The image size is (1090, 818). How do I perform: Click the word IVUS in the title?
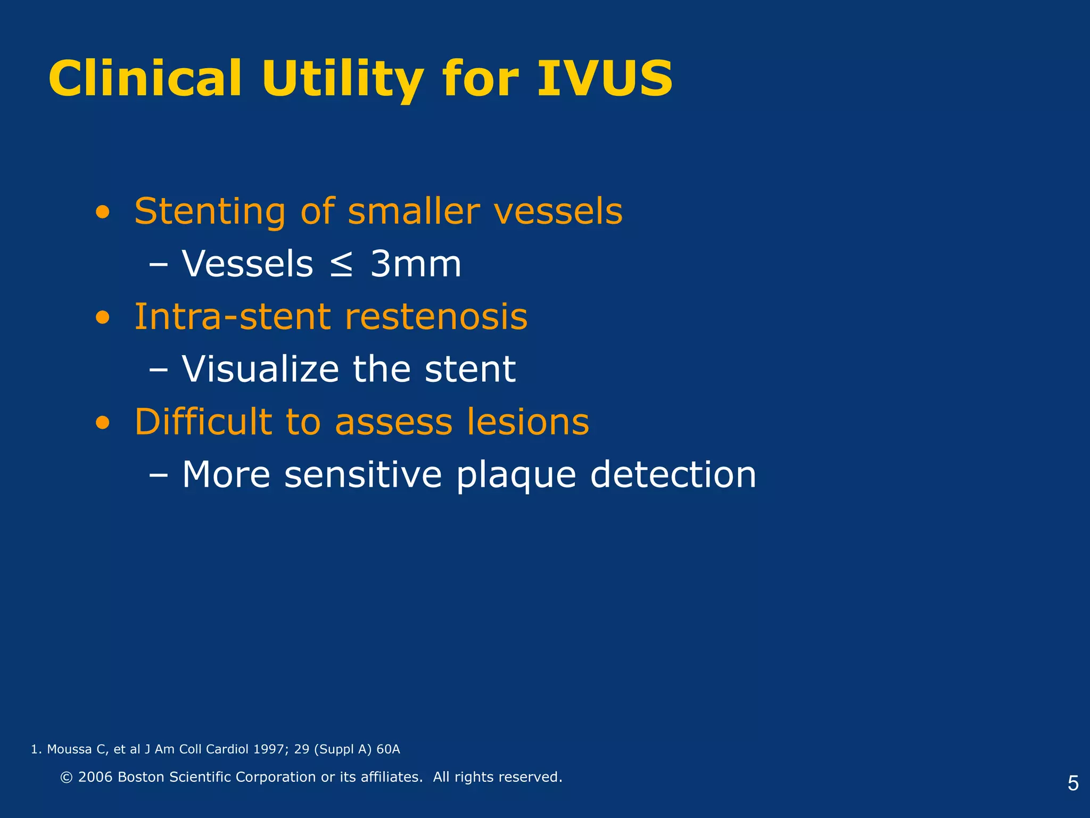(x=605, y=79)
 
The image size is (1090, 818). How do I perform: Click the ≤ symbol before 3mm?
(x=341, y=265)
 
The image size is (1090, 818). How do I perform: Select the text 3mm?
(x=416, y=264)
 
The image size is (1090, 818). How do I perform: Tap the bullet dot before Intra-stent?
(x=102, y=318)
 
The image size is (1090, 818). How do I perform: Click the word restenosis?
(x=436, y=317)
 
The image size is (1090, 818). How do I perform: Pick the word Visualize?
(x=260, y=369)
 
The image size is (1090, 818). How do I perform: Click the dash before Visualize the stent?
(x=158, y=369)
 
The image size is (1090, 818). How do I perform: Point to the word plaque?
(x=516, y=475)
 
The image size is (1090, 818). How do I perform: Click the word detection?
(x=673, y=475)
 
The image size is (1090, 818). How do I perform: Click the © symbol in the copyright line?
(x=67, y=778)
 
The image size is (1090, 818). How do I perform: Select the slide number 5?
(x=1073, y=783)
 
